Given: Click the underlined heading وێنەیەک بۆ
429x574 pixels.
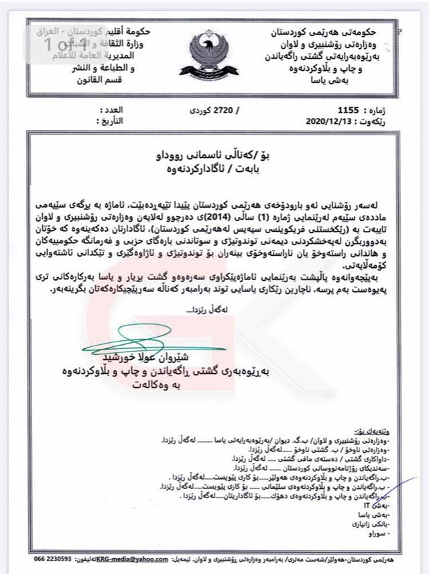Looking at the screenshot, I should (387, 431).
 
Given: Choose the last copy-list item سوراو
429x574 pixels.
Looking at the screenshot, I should (392, 538).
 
